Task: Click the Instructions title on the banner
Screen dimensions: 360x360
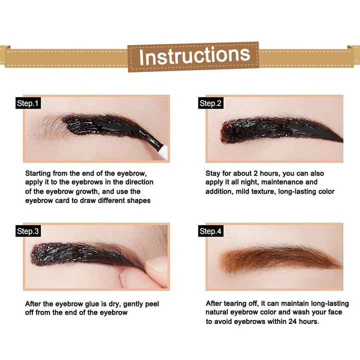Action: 194,56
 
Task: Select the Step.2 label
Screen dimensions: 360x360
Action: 210,103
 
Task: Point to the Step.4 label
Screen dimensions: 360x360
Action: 210,231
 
